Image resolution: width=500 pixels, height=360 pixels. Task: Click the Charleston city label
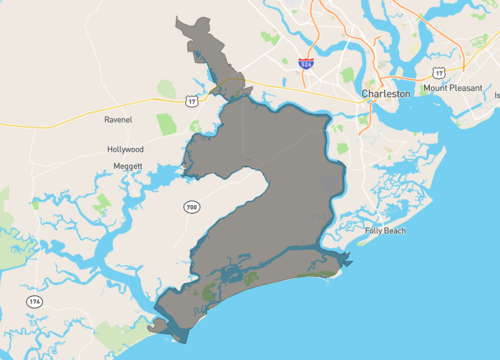point(386,93)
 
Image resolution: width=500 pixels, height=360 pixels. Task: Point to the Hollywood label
point(127,149)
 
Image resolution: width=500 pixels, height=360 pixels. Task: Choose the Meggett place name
point(127,166)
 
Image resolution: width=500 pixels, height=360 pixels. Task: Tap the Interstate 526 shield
point(306,63)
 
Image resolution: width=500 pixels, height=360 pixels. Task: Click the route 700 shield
point(190,207)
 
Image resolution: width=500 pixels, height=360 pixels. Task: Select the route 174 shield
point(34,300)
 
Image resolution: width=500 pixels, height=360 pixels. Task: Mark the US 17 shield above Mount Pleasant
point(439,72)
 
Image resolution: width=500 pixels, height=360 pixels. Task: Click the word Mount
point(435,88)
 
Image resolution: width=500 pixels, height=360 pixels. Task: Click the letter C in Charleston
point(364,93)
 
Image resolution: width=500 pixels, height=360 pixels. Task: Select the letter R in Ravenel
point(107,119)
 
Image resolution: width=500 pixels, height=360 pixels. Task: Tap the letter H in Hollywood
point(109,149)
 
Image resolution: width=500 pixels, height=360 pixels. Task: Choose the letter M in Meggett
point(113,166)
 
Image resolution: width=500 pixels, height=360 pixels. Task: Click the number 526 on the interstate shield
point(306,64)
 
